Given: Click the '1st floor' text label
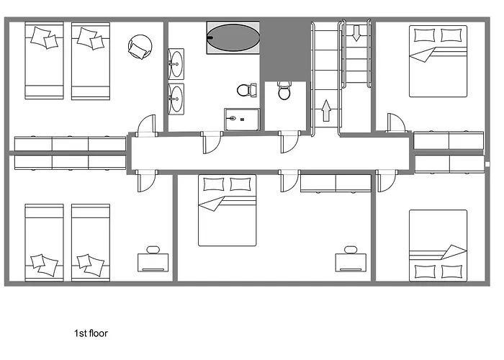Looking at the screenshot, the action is coord(91,333).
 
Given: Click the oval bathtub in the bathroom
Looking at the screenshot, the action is coord(233,37).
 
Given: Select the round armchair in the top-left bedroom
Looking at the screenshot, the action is coord(140,47).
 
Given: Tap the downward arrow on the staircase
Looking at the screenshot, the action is coord(356,33).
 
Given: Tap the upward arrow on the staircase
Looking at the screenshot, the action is coord(326,111).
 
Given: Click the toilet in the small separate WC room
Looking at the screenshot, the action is coord(284,90).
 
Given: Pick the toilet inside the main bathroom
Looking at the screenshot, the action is coord(247,90).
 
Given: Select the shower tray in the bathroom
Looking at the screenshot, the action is coord(242,120).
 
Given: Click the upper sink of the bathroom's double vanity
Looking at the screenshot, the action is coord(176,64).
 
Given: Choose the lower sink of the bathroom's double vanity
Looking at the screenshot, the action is coord(176,99).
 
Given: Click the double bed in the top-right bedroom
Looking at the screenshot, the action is coord(438,61).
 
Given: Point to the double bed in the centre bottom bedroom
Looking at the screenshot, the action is coord(228,210).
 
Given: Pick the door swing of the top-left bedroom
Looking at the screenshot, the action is coord(146,125).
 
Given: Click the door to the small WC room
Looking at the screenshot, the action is coord(289,141).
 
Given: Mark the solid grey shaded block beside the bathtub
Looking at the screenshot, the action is coord(284,51).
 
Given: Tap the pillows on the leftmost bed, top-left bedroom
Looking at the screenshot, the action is coord(45,37).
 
